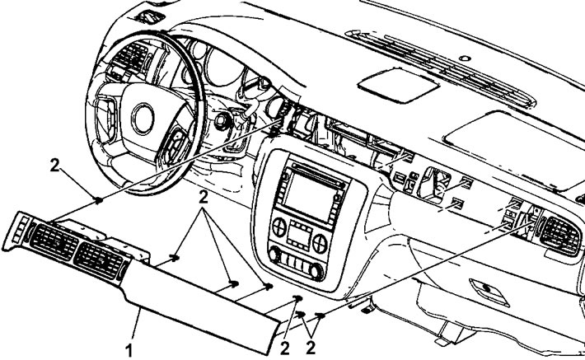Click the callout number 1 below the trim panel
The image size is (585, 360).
click(129, 351)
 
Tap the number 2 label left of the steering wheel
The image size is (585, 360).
click(54, 166)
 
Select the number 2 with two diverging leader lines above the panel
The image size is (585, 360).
click(203, 198)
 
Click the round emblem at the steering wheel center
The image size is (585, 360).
click(143, 119)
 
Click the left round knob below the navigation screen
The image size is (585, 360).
click(279, 227)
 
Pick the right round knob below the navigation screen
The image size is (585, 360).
click(321, 244)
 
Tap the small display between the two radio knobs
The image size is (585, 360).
click(299, 236)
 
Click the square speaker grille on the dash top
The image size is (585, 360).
click(398, 85)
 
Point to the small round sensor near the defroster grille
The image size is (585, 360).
click(464, 58)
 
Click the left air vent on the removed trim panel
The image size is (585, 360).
click(54, 242)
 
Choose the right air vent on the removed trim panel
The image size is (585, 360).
click(99, 260)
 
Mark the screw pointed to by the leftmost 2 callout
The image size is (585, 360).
click(99, 200)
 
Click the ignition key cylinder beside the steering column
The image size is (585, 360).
click(223, 121)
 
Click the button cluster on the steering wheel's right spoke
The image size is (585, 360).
click(174, 147)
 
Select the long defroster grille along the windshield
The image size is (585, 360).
click(440, 68)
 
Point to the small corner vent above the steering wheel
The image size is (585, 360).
click(151, 16)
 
